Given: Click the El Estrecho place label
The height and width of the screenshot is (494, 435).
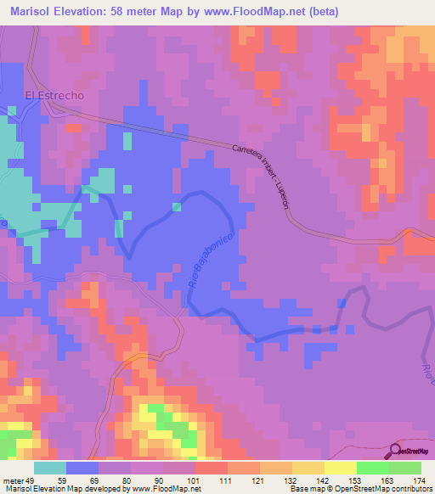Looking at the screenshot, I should click(54, 96).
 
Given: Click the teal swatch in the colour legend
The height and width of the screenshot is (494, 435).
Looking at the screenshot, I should click(49, 468).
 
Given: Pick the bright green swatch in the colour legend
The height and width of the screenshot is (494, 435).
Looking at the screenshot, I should click(372, 468).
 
